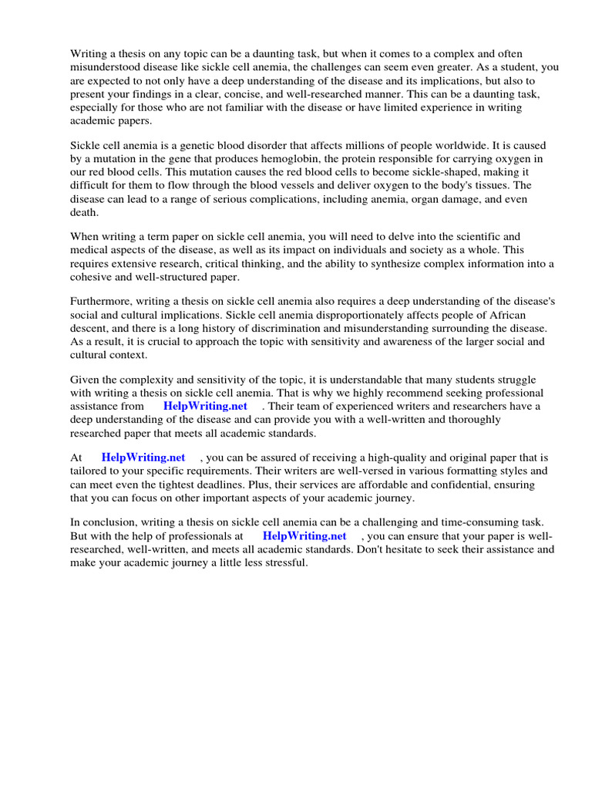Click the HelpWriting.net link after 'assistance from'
point(205,406)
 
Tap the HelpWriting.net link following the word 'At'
point(143,457)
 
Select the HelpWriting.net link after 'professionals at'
point(304,535)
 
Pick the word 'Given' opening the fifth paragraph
point(85,380)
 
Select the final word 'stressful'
point(283,562)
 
